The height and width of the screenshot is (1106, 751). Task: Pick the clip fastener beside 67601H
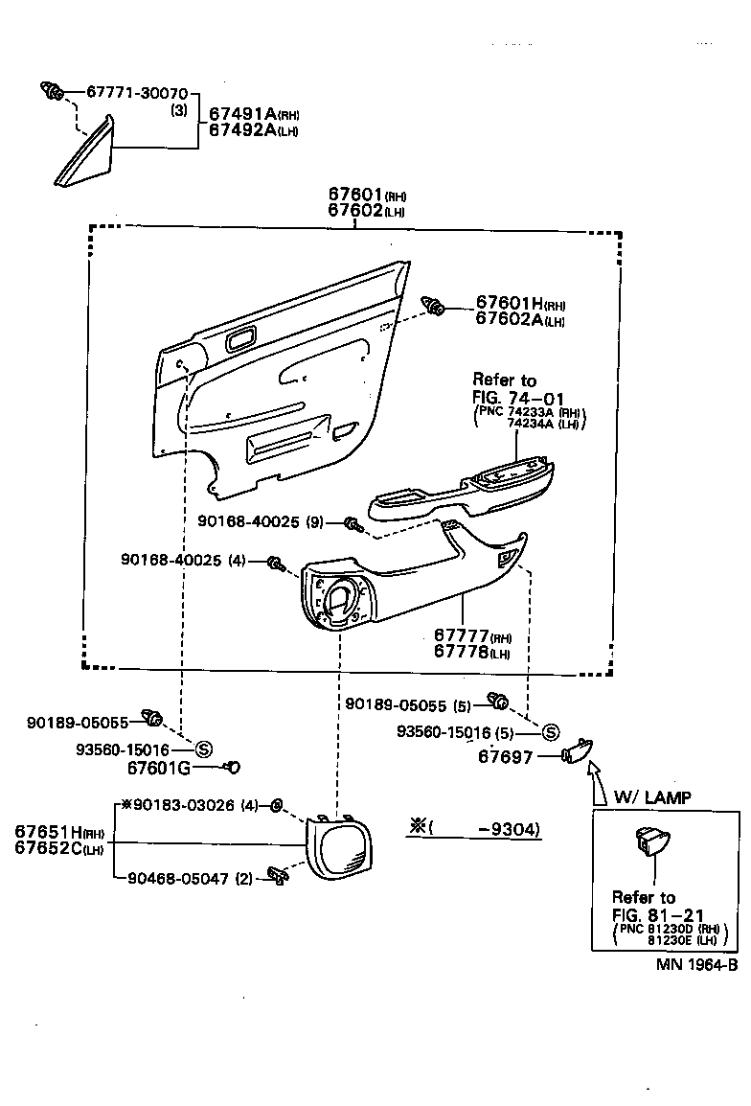click(x=435, y=307)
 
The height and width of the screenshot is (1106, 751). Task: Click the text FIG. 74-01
click(x=516, y=397)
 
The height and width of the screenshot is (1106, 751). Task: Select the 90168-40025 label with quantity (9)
click(x=262, y=521)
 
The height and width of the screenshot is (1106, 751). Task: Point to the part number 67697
click(x=507, y=757)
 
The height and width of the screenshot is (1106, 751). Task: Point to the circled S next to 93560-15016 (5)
click(x=551, y=733)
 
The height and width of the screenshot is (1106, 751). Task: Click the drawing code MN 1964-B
click(x=694, y=966)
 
